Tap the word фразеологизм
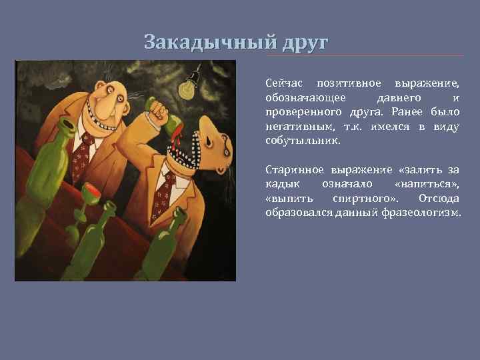coord(425,213)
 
